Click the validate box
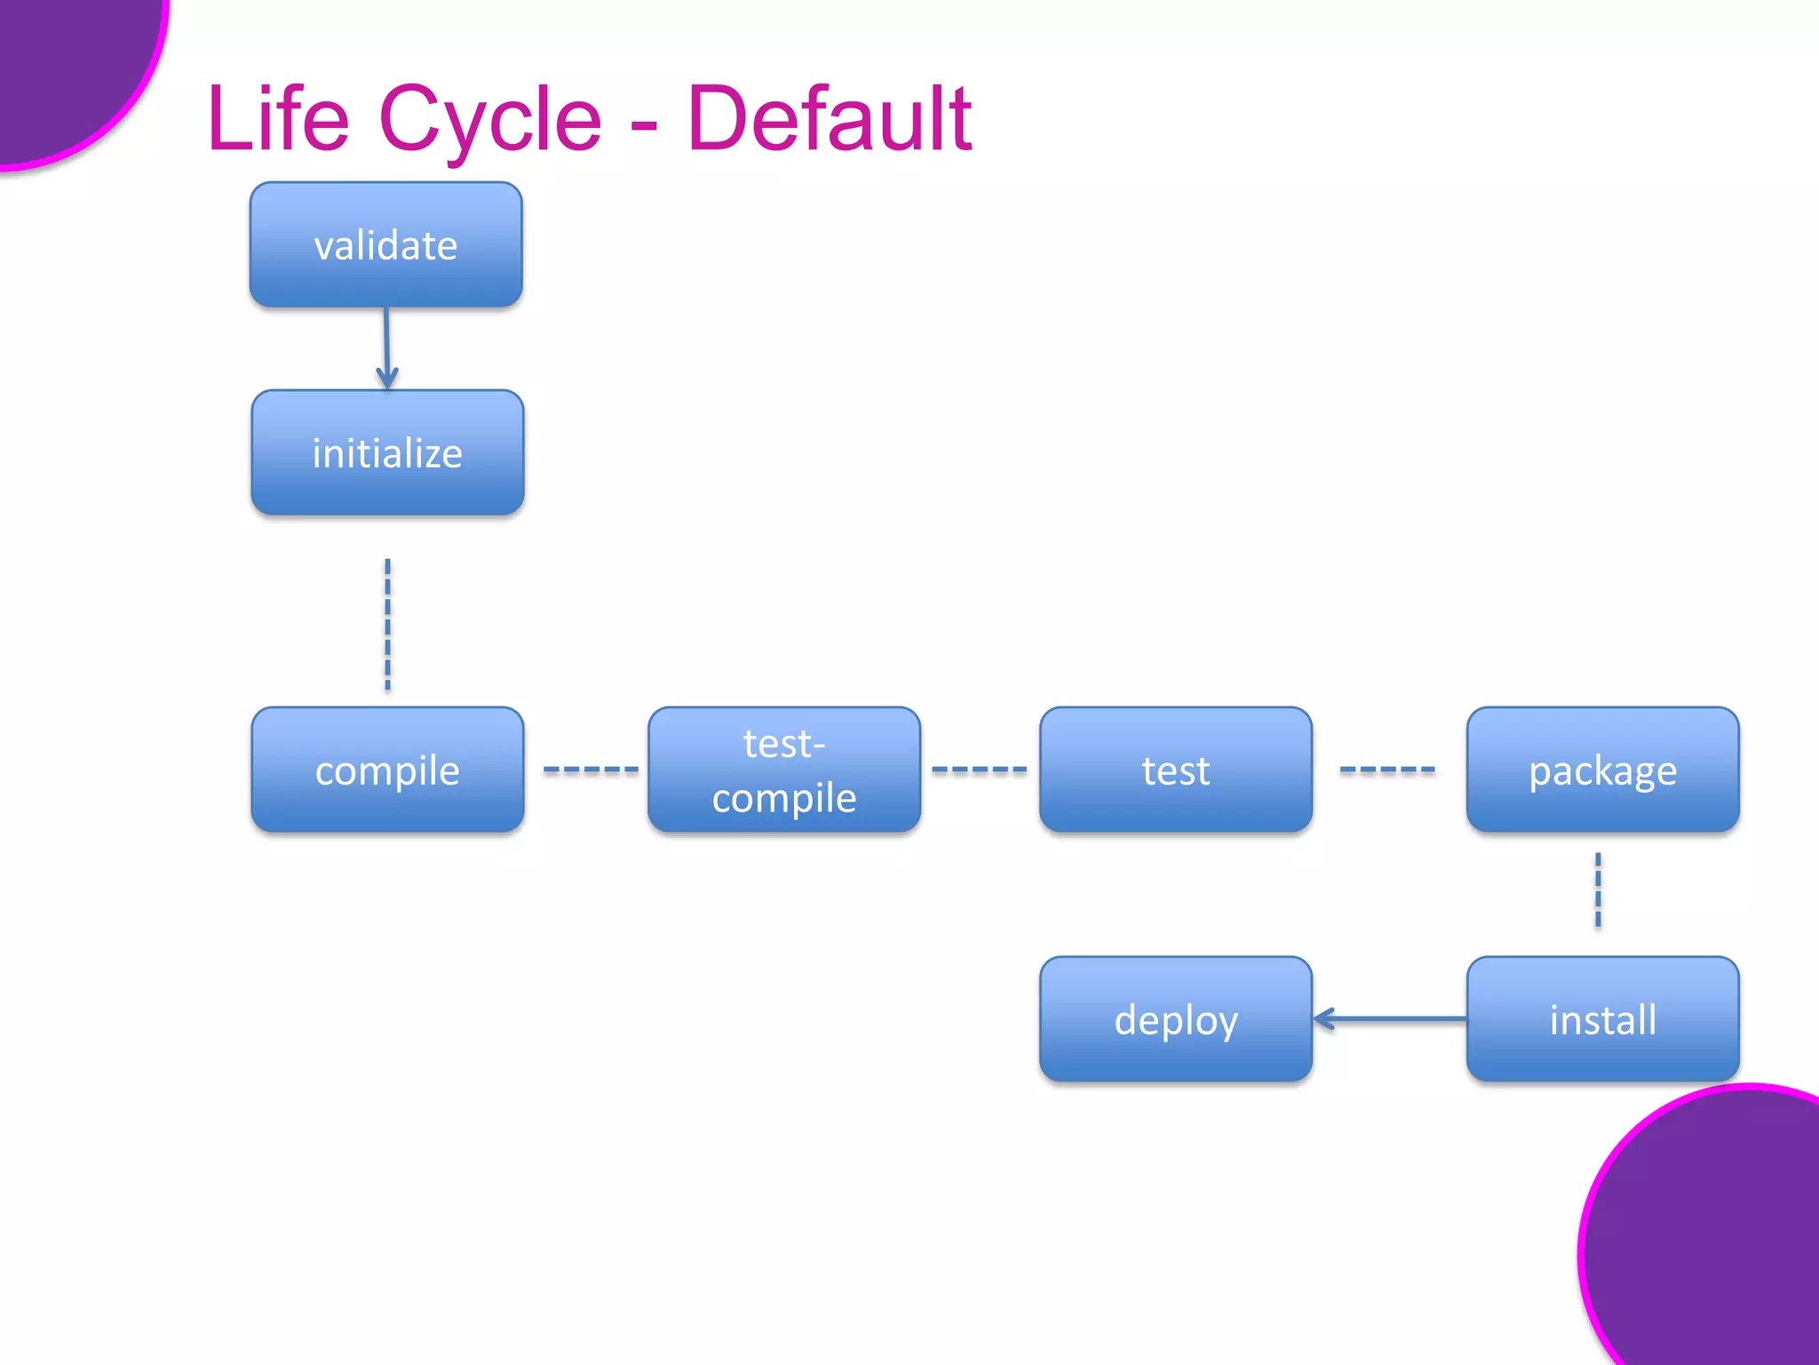coord(385,245)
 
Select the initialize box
coord(387,452)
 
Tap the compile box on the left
coord(387,770)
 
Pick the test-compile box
coord(784,770)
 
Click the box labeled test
coord(1175,770)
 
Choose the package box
coord(1602,770)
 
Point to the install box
coord(1602,1019)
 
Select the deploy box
coord(1175,1019)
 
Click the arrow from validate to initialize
coord(386,347)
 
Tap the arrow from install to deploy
coord(1390,1019)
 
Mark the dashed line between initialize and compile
coord(387,624)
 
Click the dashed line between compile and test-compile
coord(590,770)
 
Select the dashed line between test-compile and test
coord(979,770)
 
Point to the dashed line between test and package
coord(1386,770)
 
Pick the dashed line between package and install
coord(1598,890)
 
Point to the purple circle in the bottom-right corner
coord(1714,1244)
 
